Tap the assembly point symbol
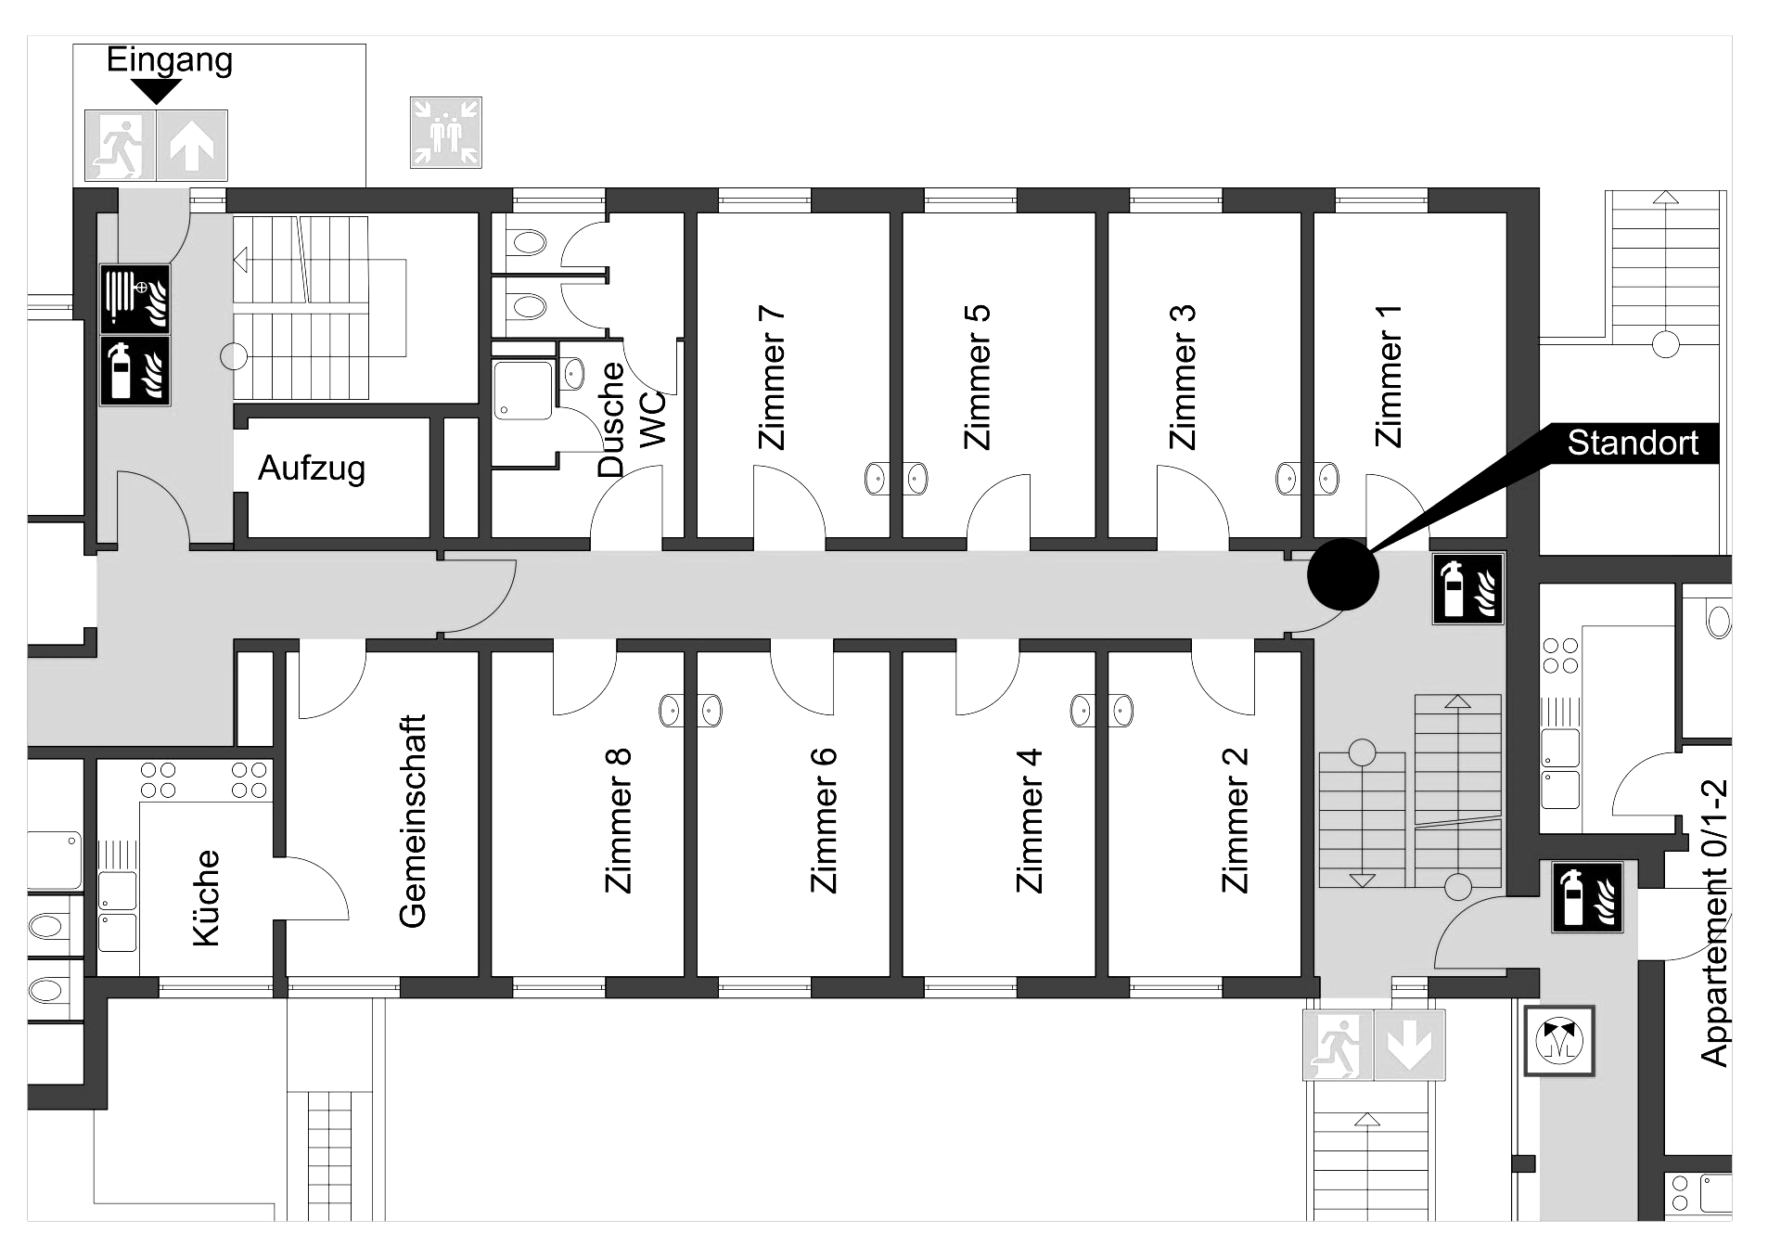coord(446,133)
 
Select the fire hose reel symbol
coord(135,299)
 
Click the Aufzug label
coord(312,469)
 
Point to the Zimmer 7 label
coord(772,378)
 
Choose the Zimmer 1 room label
coord(1388,376)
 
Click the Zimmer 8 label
coord(618,820)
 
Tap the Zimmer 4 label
coord(1030,820)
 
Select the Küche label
coord(206,898)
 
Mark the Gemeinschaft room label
coord(413,820)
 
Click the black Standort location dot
coord(1343,575)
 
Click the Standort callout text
coord(1633,443)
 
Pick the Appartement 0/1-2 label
coord(1715,922)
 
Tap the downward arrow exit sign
coord(1409,1045)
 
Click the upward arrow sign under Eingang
coord(192,146)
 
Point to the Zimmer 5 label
coord(978,378)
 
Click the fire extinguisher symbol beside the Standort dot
coord(1468,589)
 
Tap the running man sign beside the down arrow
coord(1339,1045)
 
